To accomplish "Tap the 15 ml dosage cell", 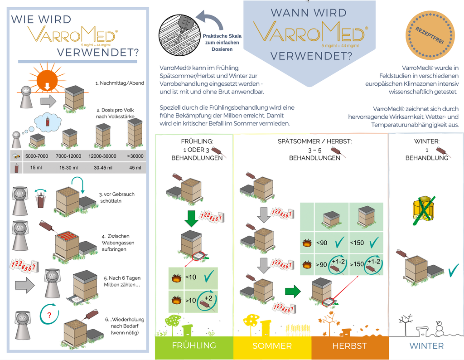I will [37, 167].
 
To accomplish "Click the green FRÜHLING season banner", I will [194, 346].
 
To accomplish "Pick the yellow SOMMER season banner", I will [272, 346].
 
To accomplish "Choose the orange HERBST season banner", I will [349, 346].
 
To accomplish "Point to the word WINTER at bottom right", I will [426, 346].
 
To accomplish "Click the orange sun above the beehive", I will [47, 79].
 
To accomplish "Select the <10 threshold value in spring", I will [191, 277].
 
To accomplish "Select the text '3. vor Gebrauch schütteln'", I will [116, 197].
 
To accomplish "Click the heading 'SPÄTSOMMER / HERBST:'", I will [314, 141].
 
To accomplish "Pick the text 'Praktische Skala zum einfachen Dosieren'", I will [221, 42].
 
